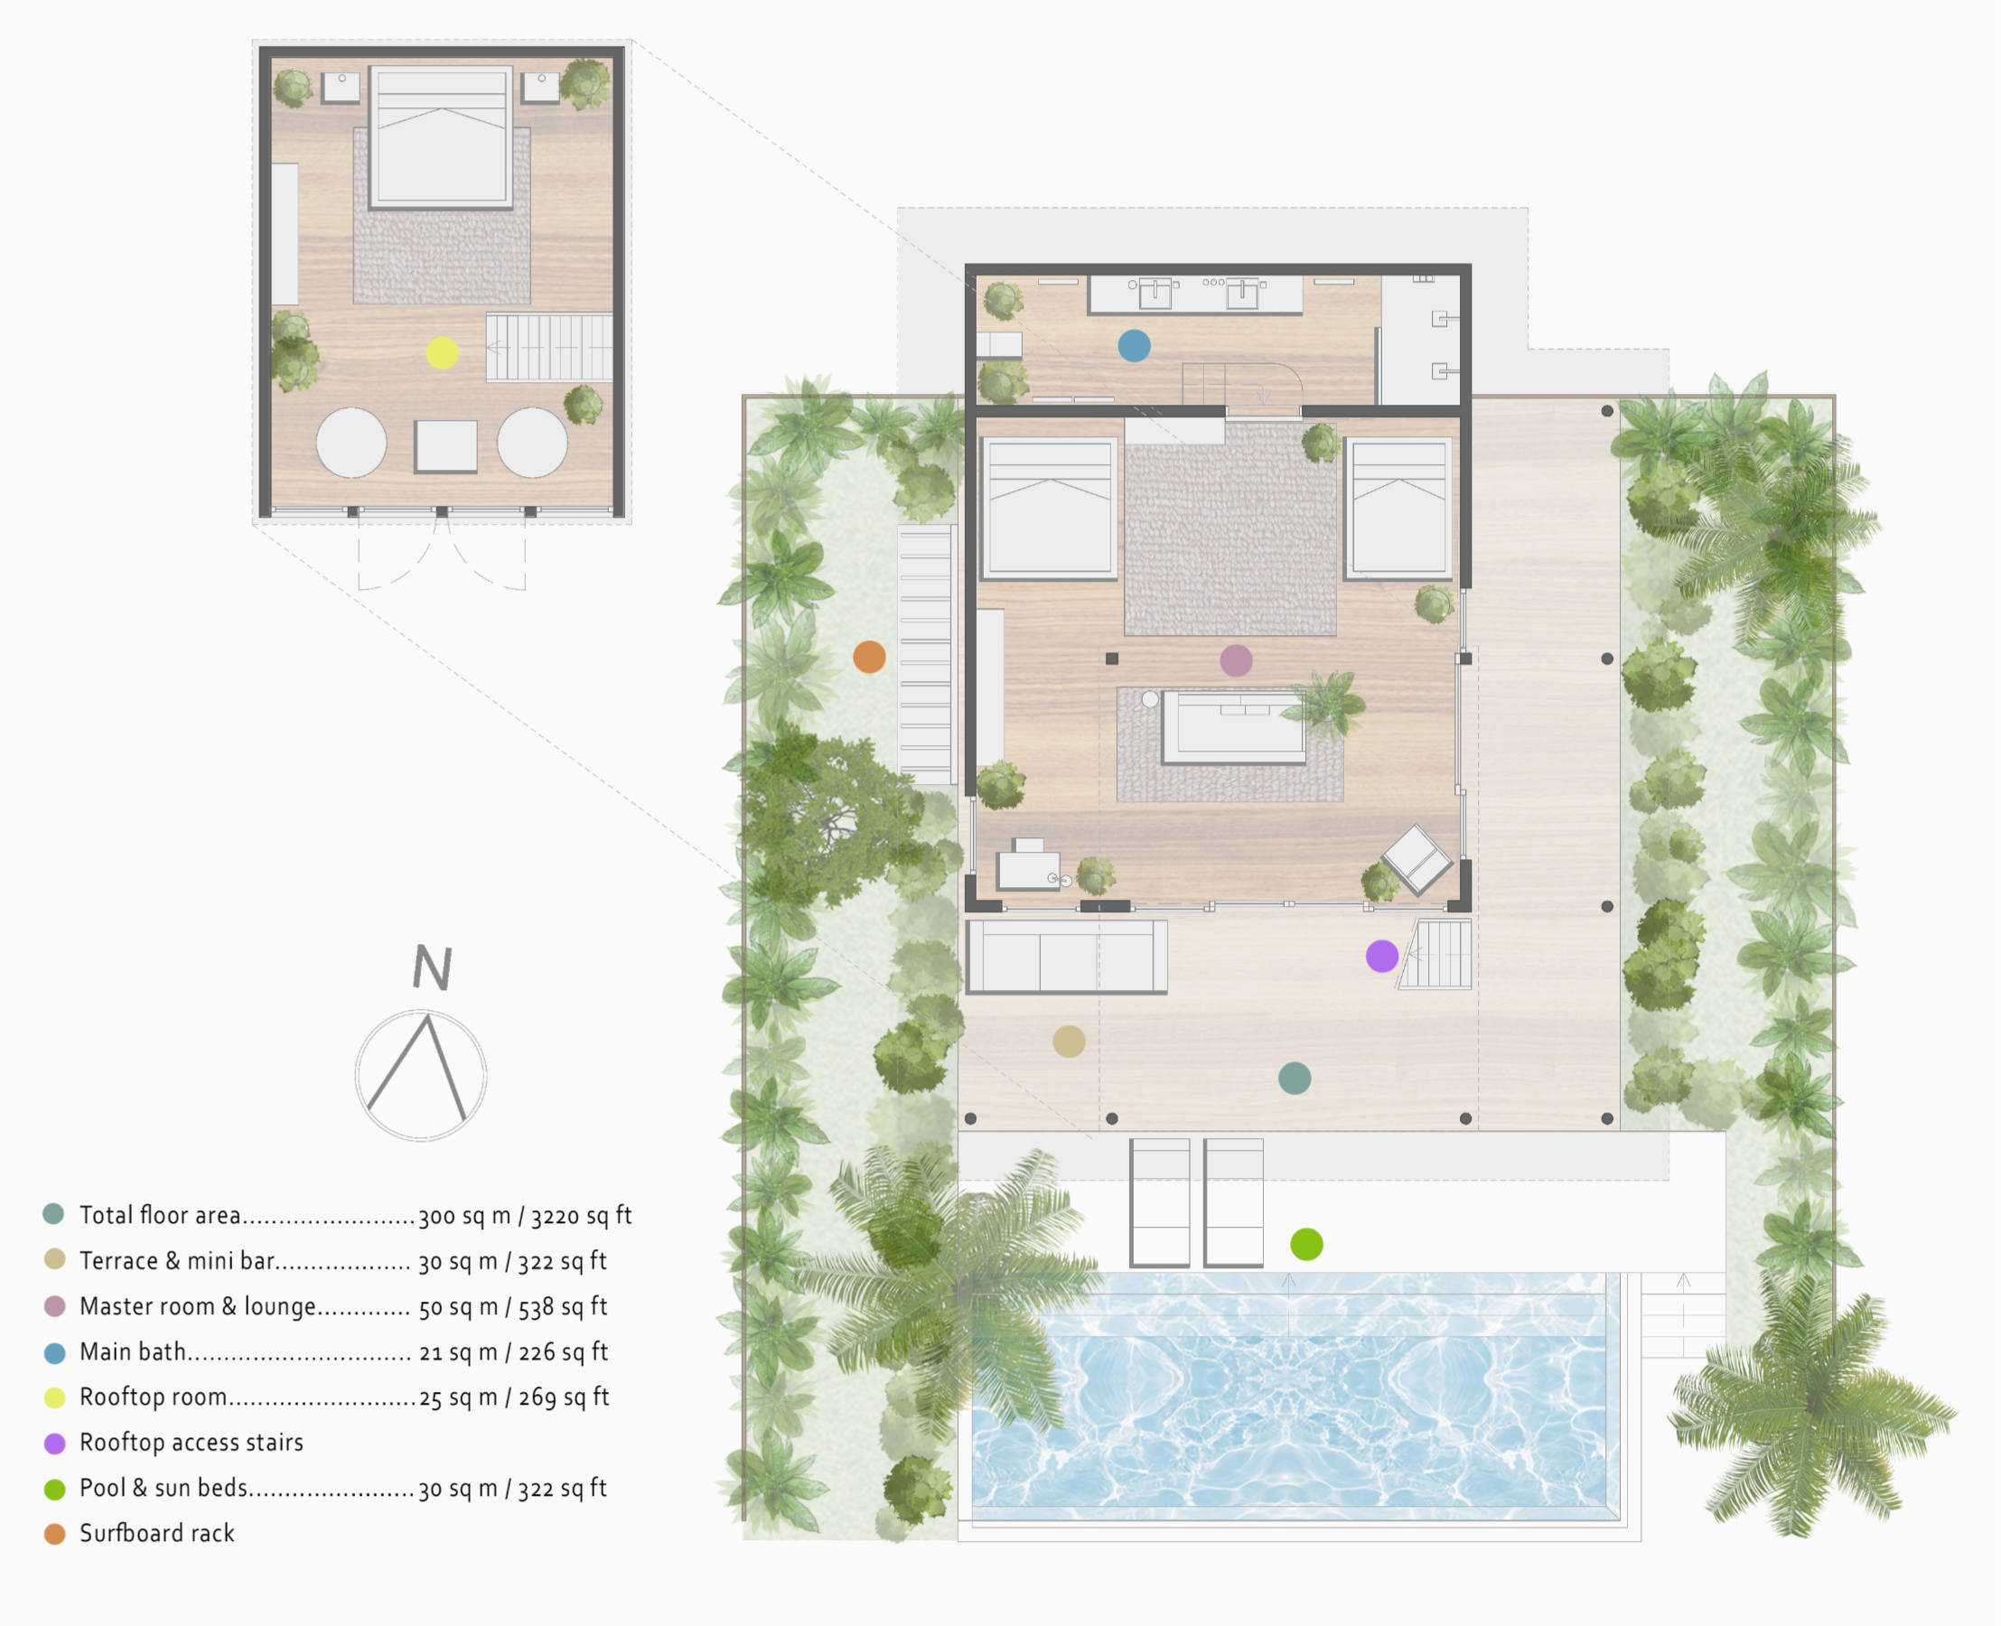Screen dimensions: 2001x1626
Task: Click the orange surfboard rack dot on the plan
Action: (x=869, y=657)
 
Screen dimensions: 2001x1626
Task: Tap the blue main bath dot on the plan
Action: (x=1134, y=346)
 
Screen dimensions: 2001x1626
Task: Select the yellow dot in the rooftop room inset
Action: (x=442, y=353)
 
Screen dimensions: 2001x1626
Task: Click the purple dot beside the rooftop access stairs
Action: (x=1382, y=957)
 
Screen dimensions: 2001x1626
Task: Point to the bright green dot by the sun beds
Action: (x=1306, y=1244)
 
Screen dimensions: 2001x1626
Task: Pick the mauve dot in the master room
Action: (x=1236, y=660)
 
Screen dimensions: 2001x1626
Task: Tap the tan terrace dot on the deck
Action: (x=1069, y=1041)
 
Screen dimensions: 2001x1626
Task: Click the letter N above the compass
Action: (x=433, y=967)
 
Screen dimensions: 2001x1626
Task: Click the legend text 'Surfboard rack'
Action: (x=156, y=1533)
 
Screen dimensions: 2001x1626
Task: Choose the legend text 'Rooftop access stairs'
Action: (x=192, y=1443)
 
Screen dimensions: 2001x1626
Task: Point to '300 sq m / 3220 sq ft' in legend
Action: (x=525, y=1216)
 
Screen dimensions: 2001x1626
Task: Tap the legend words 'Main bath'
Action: (x=132, y=1351)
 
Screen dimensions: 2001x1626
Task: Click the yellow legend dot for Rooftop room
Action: (x=55, y=1397)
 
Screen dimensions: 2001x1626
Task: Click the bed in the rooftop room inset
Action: (x=441, y=136)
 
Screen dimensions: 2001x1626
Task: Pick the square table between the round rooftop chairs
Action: (x=446, y=447)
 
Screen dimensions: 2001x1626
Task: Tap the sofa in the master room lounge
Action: (x=1234, y=727)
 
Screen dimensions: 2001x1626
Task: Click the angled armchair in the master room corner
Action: (x=1417, y=859)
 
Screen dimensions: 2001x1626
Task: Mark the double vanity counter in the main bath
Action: (x=1195, y=294)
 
